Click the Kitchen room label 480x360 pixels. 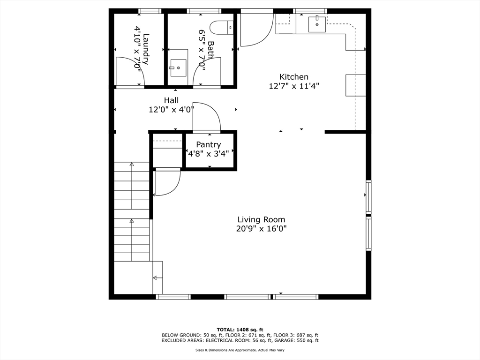pos(294,77)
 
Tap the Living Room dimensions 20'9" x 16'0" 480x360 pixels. pos(261,229)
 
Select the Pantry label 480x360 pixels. pos(209,144)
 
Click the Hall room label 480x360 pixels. pos(171,100)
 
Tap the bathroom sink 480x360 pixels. pos(178,68)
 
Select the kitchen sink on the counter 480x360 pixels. pos(317,23)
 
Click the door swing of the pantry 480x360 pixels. pos(206,117)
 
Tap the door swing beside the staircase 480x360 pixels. pos(167,182)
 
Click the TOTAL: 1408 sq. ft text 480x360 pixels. pos(240,330)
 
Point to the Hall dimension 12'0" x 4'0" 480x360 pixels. pos(171,110)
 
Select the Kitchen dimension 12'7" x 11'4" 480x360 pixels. pos(294,86)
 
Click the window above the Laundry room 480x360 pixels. pos(150,11)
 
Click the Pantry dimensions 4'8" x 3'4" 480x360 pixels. pos(209,153)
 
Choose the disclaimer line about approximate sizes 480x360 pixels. pos(240,350)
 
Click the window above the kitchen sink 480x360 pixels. pos(310,11)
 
